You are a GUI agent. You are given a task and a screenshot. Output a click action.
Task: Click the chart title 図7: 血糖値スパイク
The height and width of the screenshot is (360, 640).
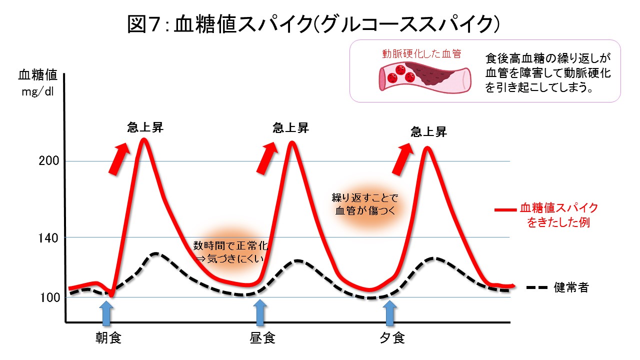click(314, 24)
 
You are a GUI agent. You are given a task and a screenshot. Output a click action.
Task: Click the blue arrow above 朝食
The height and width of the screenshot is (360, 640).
click(107, 314)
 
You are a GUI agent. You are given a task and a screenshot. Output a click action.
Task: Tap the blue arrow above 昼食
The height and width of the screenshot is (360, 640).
click(259, 314)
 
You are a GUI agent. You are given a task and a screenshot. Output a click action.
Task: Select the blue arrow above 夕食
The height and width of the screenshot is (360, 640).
click(390, 314)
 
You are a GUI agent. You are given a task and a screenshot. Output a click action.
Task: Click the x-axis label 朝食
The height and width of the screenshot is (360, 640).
click(109, 338)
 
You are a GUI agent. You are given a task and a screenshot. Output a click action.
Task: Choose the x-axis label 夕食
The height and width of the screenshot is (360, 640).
click(391, 338)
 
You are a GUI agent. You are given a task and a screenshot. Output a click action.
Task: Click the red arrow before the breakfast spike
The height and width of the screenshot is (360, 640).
click(118, 158)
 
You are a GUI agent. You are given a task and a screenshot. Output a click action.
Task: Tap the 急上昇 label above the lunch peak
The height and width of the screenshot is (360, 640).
click(291, 128)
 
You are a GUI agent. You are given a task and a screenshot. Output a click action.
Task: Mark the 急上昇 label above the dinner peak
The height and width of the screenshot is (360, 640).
click(428, 132)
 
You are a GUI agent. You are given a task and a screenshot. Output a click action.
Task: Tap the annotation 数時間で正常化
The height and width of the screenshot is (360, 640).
click(231, 245)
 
